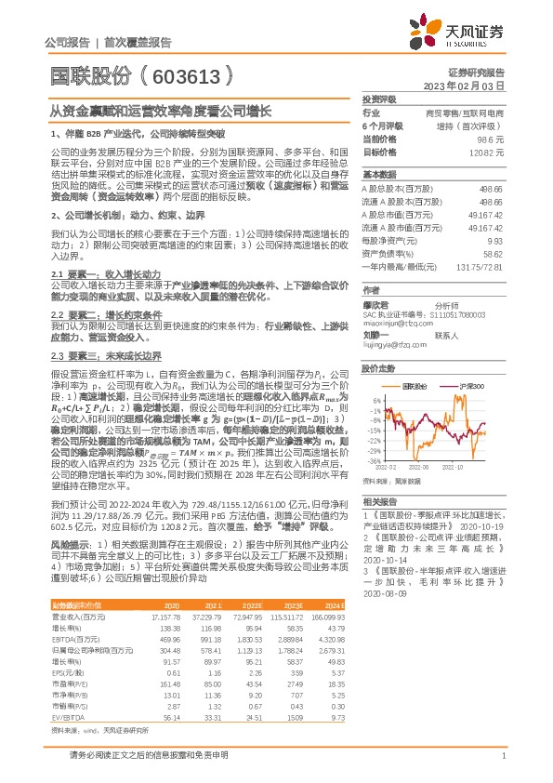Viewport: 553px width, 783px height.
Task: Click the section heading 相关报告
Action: click(x=378, y=500)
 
